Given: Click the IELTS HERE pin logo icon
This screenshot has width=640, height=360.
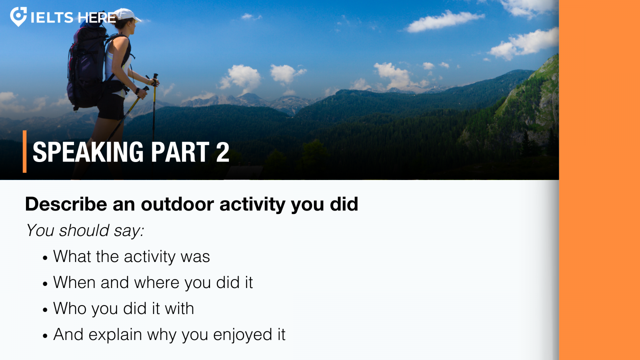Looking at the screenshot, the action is pos(18,16).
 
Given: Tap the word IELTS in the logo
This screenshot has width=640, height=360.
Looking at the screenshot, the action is pos(52,18).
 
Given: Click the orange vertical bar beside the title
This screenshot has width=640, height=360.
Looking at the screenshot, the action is pos(24,152).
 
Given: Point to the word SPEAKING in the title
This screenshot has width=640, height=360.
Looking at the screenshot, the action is pos(88,152).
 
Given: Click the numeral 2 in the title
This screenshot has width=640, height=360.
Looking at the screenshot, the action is pos(222,152).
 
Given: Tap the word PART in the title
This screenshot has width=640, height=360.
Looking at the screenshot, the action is pos(180,152).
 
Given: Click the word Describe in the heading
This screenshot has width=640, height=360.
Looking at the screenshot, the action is pos(66,204).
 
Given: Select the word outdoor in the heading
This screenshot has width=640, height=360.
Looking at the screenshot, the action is pos(177,204).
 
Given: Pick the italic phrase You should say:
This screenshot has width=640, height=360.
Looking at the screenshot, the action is pos(85,230).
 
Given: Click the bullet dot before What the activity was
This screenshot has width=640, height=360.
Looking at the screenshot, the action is pos(45,258).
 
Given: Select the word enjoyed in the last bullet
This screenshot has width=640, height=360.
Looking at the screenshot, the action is pos(242,335).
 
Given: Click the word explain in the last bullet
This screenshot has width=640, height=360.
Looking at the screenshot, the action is pos(115,335).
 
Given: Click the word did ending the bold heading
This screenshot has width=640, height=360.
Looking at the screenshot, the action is pos(344,204).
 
